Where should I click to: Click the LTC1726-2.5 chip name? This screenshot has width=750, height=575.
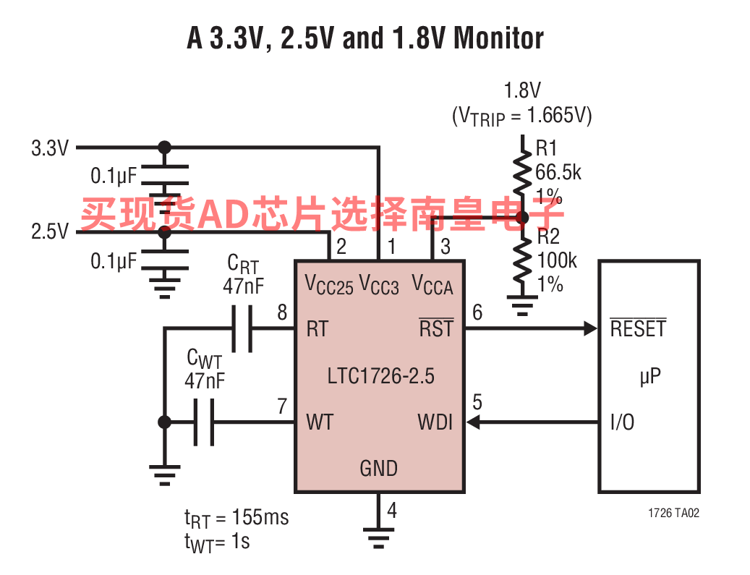point(380,376)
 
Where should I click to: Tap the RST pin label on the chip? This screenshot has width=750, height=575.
point(436,328)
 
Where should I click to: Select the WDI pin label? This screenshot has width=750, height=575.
point(435,422)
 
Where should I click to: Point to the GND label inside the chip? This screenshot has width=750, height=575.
point(378,469)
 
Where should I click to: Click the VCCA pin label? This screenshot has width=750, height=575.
point(432,285)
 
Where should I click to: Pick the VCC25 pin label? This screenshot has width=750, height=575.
point(329,285)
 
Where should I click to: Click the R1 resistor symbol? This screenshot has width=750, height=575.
point(523,174)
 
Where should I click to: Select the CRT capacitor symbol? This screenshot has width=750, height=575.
point(242,328)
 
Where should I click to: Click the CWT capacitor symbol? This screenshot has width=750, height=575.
point(204,422)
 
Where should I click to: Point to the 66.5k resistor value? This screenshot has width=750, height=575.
point(558,172)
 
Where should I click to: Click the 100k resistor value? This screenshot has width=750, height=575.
point(557,260)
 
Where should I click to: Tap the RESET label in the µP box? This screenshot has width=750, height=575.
point(638,328)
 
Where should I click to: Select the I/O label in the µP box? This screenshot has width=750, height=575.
point(622,422)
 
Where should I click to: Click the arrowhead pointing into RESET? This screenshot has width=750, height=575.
point(591,328)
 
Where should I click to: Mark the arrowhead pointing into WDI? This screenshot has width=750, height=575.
point(473,422)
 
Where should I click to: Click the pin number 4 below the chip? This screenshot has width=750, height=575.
point(392,510)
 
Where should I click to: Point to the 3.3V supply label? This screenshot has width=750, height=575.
point(50,148)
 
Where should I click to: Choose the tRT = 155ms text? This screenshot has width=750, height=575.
point(236,519)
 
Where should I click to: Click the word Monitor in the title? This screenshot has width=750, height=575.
point(498,38)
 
